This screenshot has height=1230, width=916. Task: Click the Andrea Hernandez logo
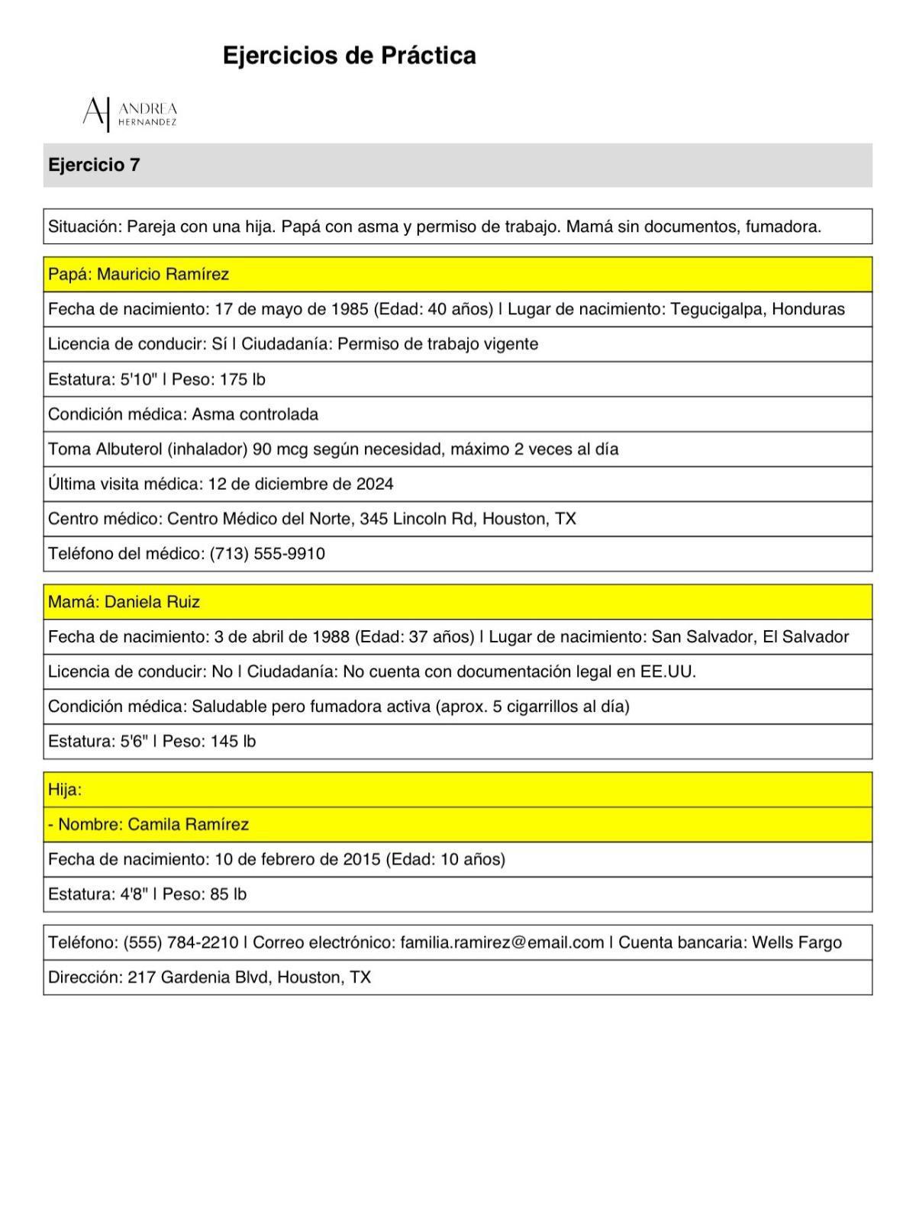pyautogui.click(x=130, y=113)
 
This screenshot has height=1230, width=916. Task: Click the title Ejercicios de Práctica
pyautogui.click(x=349, y=56)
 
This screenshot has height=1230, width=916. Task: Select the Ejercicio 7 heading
pyautogui.click(x=94, y=165)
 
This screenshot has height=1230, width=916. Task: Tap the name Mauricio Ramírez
pyautogui.click(x=163, y=275)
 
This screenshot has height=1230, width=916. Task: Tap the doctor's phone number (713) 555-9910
pyautogui.click(x=267, y=554)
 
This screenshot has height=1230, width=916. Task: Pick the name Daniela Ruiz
pyautogui.click(x=152, y=602)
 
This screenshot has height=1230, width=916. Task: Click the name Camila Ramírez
pyautogui.click(x=188, y=825)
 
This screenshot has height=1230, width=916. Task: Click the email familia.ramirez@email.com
pyautogui.click(x=502, y=943)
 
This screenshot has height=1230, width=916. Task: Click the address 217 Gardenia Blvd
pyautogui.click(x=198, y=978)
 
